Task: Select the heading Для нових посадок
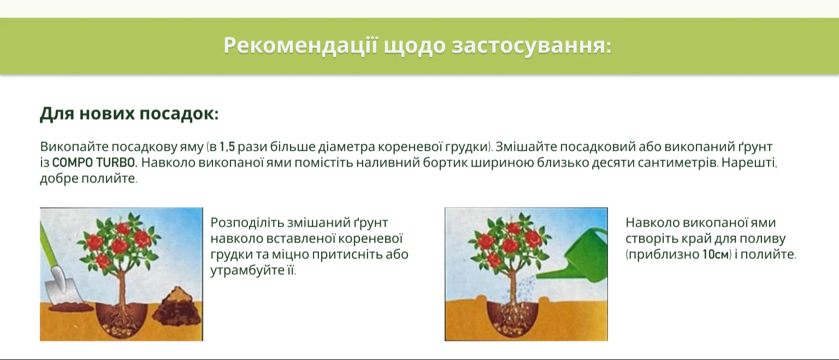(x=129, y=114)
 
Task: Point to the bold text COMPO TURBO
(x=94, y=163)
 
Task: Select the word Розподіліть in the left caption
(x=247, y=223)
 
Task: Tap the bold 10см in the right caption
(x=716, y=255)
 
